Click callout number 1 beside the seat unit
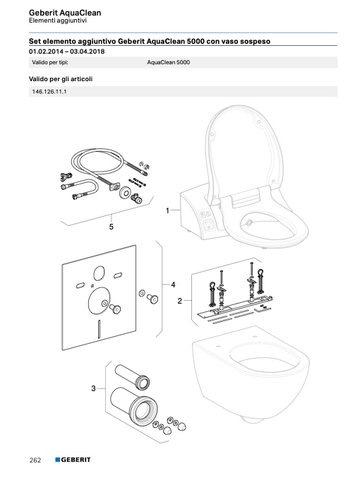coord(167,210)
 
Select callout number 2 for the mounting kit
coord(179,301)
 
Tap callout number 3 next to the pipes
coord(93,388)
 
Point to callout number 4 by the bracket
coord(173,285)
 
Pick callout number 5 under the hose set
coord(112,227)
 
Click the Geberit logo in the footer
coord(73,460)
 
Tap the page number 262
coord(35,460)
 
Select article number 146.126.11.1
coord(49,92)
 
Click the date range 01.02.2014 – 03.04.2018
coord(67,52)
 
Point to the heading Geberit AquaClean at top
coord(65,13)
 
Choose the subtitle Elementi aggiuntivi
coord(58,20)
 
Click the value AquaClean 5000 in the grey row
coord(168,62)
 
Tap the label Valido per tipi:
coord(50,63)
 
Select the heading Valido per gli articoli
coord(61,79)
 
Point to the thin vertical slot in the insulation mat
coord(99,329)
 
